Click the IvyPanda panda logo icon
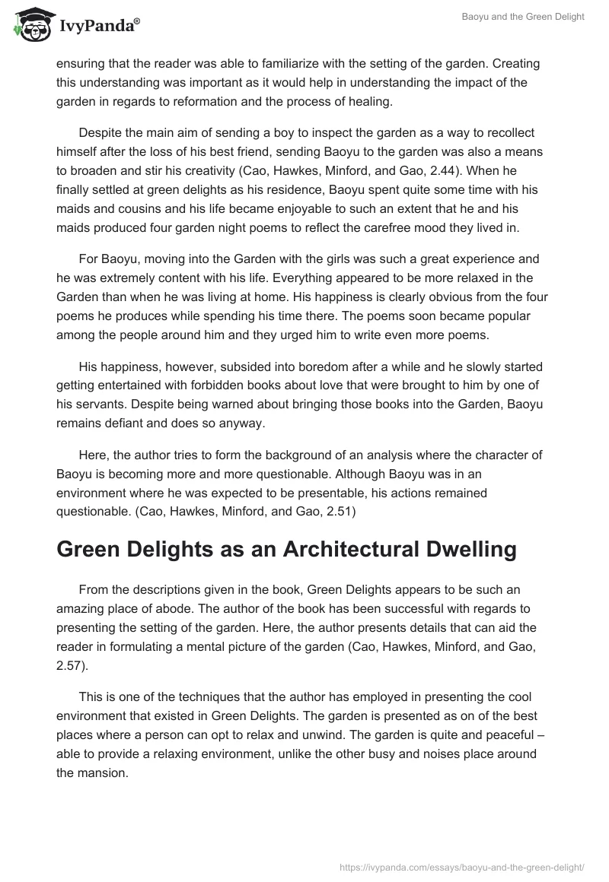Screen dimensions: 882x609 (30, 24)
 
